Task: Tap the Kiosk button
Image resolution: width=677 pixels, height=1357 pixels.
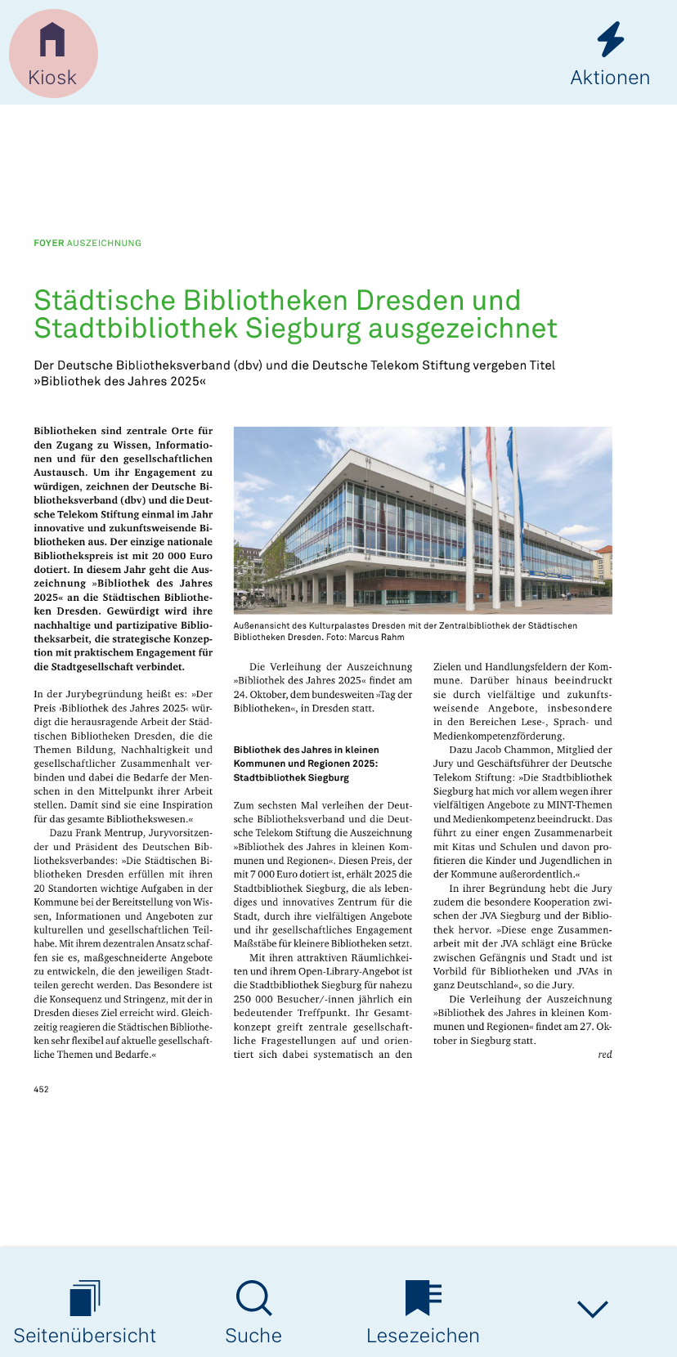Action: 52,53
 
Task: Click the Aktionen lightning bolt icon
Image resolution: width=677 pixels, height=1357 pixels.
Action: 610,39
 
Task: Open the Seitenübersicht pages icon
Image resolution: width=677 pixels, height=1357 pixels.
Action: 84,1298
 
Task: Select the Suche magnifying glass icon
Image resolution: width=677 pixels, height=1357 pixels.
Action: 253,1298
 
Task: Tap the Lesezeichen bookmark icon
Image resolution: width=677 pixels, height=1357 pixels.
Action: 423,1298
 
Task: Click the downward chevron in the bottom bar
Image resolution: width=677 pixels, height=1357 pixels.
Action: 592,1309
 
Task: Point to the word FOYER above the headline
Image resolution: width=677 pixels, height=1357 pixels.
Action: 49,243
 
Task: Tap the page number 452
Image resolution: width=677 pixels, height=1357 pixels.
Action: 41,1089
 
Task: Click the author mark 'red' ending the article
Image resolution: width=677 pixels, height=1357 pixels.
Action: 604,1055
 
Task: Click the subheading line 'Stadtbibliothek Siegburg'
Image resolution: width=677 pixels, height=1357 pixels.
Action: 291,777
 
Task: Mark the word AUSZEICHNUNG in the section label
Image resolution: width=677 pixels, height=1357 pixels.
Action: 104,243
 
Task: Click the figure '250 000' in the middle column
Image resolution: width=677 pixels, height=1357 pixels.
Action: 253,999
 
